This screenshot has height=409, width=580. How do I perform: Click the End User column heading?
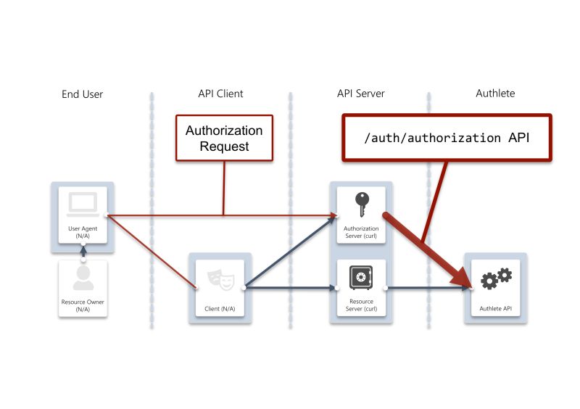(x=82, y=94)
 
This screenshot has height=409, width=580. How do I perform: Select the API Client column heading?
(x=220, y=94)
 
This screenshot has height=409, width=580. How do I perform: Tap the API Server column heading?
(x=360, y=94)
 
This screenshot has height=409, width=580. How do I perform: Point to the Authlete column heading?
(x=496, y=94)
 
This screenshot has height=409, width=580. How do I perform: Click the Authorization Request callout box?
(x=224, y=138)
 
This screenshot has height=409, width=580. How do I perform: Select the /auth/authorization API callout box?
(x=447, y=137)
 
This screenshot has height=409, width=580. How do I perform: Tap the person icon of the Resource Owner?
(x=83, y=278)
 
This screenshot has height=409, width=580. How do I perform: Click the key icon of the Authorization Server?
(x=360, y=204)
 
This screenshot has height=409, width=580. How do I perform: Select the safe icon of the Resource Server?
(x=360, y=277)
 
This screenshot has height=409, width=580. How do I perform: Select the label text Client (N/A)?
(x=220, y=309)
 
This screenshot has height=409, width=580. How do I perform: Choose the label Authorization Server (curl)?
(x=360, y=232)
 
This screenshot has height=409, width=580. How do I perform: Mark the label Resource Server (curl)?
(x=360, y=305)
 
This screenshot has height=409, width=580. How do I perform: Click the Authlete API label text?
(x=496, y=309)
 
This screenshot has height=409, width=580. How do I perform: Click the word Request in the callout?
(x=224, y=146)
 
